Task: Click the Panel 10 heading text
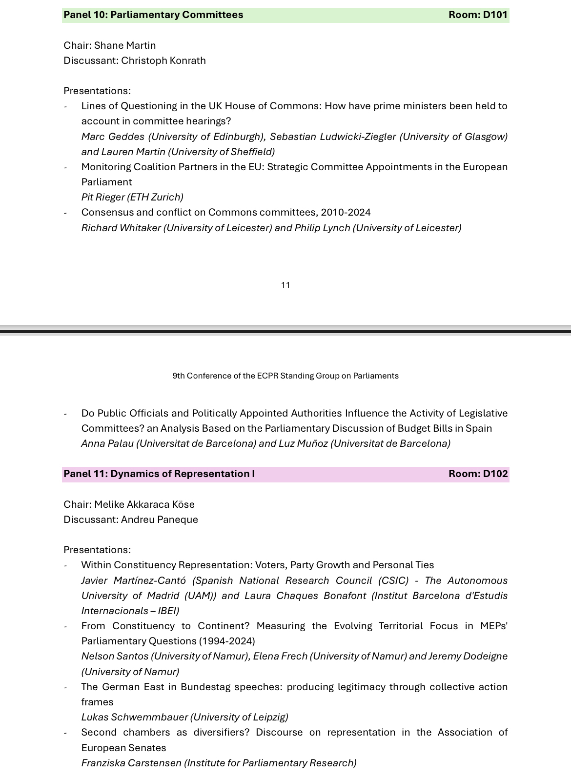click(153, 15)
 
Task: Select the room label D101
click(495, 15)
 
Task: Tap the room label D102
click(495, 474)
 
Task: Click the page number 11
click(285, 285)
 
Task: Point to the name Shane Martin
click(125, 45)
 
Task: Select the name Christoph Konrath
click(163, 60)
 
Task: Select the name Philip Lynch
click(322, 228)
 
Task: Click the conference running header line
click(285, 376)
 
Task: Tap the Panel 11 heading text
click(159, 474)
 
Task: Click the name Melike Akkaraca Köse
click(144, 504)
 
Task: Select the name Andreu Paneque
click(160, 519)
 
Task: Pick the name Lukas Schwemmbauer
click(134, 717)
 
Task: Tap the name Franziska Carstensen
click(131, 763)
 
